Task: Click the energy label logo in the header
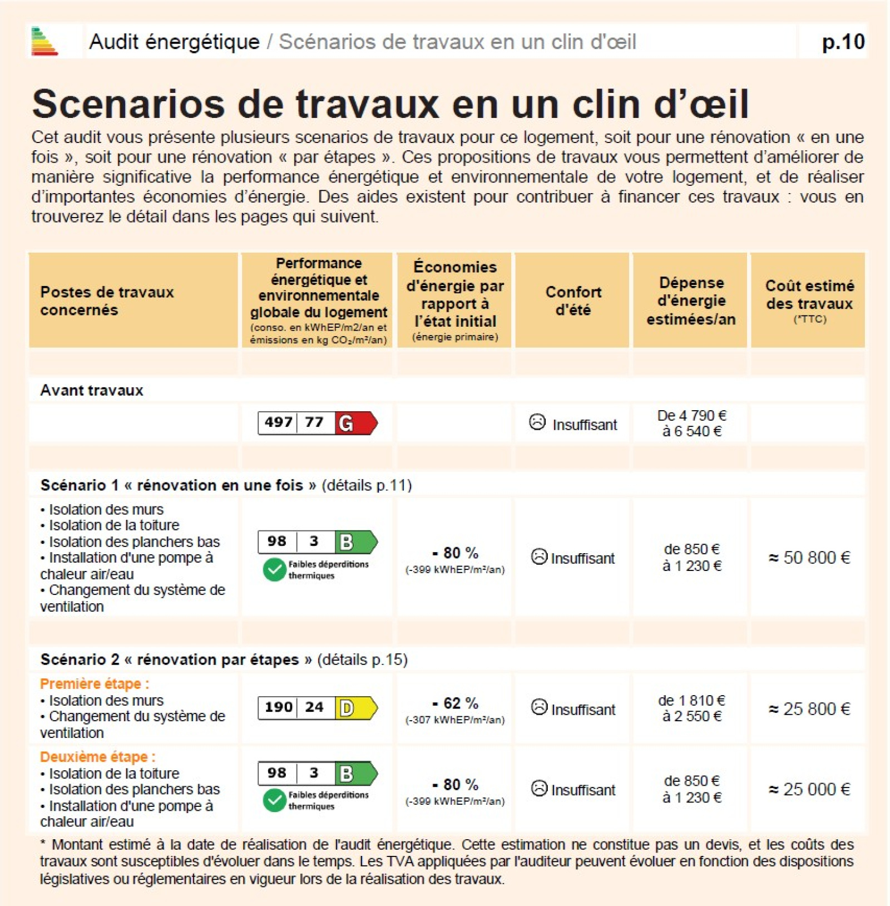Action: tap(44, 41)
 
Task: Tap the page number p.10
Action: tap(843, 42)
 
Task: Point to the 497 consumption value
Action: tap(278, 422)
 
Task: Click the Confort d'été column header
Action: tap(573, 301)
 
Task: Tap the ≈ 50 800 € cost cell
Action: tap(809, 558)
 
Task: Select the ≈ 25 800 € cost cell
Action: tap(809, 709)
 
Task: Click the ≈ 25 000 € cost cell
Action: tap(809, 789)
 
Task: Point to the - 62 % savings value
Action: tap(456, 703)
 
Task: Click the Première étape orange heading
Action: tap(95, 683)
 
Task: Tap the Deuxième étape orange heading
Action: tap(98, 757)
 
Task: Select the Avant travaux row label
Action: tap(92, 390)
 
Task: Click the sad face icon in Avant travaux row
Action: tap(537, 422)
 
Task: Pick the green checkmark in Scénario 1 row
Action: tap(274, 570)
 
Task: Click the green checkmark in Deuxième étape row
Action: tap(274, 800)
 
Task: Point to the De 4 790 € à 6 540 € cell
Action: tap(691, 424)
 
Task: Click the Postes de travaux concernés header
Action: tap(107, 301)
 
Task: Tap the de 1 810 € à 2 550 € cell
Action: tap(691, 708)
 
